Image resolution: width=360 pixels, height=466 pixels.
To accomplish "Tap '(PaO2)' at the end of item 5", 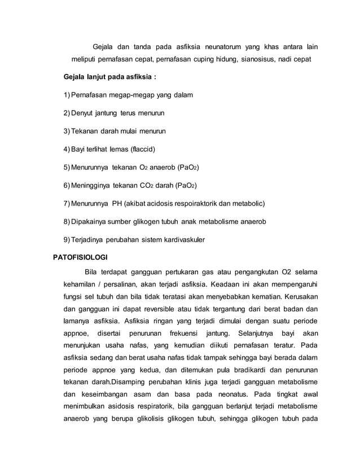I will point(188,168).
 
